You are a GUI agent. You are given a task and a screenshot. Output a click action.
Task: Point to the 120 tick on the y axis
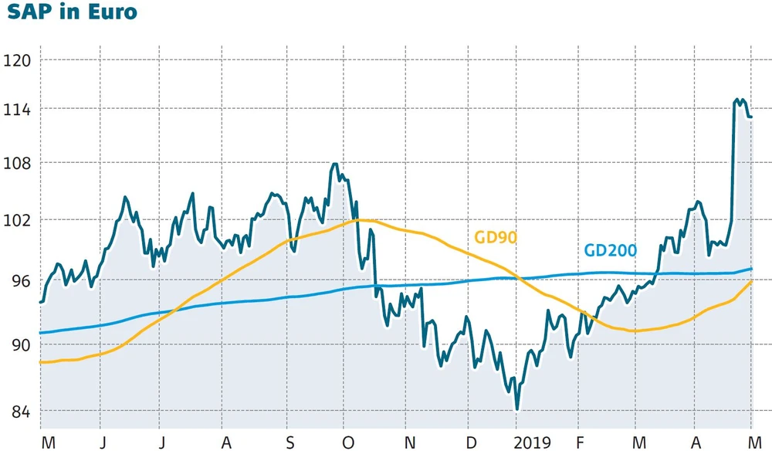(x=16, y=59)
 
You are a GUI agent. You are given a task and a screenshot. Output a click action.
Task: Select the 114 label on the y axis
(x=16, y=110)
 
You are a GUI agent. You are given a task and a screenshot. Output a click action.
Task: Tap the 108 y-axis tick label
(x=16, y=164)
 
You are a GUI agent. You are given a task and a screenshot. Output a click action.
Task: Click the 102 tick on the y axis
(x=16, y=220)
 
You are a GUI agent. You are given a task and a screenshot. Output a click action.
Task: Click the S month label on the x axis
(x=289, y=443)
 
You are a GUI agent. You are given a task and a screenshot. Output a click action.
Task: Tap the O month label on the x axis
(x=349, y=443)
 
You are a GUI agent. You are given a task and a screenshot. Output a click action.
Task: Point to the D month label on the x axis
(x=471, y=443)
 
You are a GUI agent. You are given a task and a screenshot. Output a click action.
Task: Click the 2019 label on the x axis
(x=533, y=443)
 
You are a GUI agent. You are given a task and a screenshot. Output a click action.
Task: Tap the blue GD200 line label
(x=610, y=250)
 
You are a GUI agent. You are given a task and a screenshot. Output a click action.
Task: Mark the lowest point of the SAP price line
(x=516, y=409)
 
